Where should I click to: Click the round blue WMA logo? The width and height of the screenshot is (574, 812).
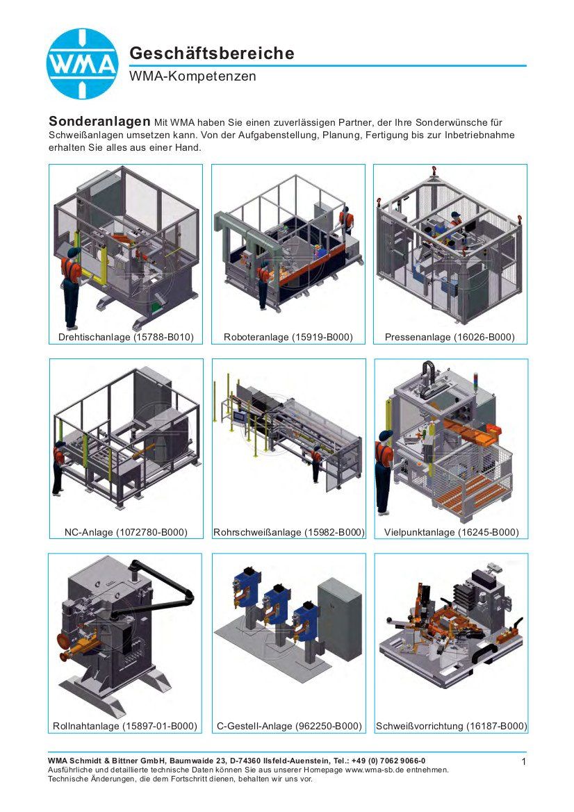point(83,64)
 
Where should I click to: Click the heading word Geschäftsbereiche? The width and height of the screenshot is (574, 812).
point(212,53)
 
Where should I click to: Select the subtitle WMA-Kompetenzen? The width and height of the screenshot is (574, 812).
point(192,76)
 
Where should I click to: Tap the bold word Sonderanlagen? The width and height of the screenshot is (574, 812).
point(99,121)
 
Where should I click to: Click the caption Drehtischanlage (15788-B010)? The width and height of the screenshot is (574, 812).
point(126,337)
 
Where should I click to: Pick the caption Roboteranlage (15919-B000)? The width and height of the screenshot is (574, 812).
point(288,337)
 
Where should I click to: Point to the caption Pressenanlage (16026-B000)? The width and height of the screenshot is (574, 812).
point(450,337)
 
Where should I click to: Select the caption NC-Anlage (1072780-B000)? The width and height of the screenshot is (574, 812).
point(126,532)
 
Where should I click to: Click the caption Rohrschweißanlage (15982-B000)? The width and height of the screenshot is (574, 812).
point(289,532)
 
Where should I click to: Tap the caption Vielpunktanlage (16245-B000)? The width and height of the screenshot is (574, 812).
point(451,532)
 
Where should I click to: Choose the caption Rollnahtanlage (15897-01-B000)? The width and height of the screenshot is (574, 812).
point(125,726)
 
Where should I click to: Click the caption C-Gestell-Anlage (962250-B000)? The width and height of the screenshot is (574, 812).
point(289,726)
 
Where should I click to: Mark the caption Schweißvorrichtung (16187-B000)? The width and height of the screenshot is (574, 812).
point(451,726)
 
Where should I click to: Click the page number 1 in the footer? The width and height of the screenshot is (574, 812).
point(524,761)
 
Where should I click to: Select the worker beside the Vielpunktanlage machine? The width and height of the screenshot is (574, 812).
point(384,471)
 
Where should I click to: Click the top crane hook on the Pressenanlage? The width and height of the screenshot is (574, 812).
point(434,171)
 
